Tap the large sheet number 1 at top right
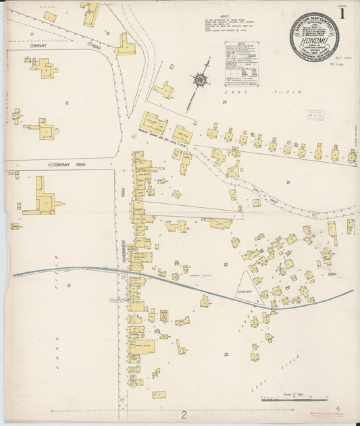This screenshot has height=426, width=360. (x=345, y=13)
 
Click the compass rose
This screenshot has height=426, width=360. (x=201, y=80)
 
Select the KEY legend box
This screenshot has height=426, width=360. (x=240, y=63)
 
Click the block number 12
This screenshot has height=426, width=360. (x=67, y=102)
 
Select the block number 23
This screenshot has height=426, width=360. (x=227, y=354)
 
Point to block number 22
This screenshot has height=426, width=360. (x=226, y=265)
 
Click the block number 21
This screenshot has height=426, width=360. (x=288, y=182)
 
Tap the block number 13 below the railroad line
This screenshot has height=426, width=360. (x=69, y=286)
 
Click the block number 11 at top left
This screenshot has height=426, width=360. (x=31, y=32)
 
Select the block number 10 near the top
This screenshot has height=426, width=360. (x=107, y=32)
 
